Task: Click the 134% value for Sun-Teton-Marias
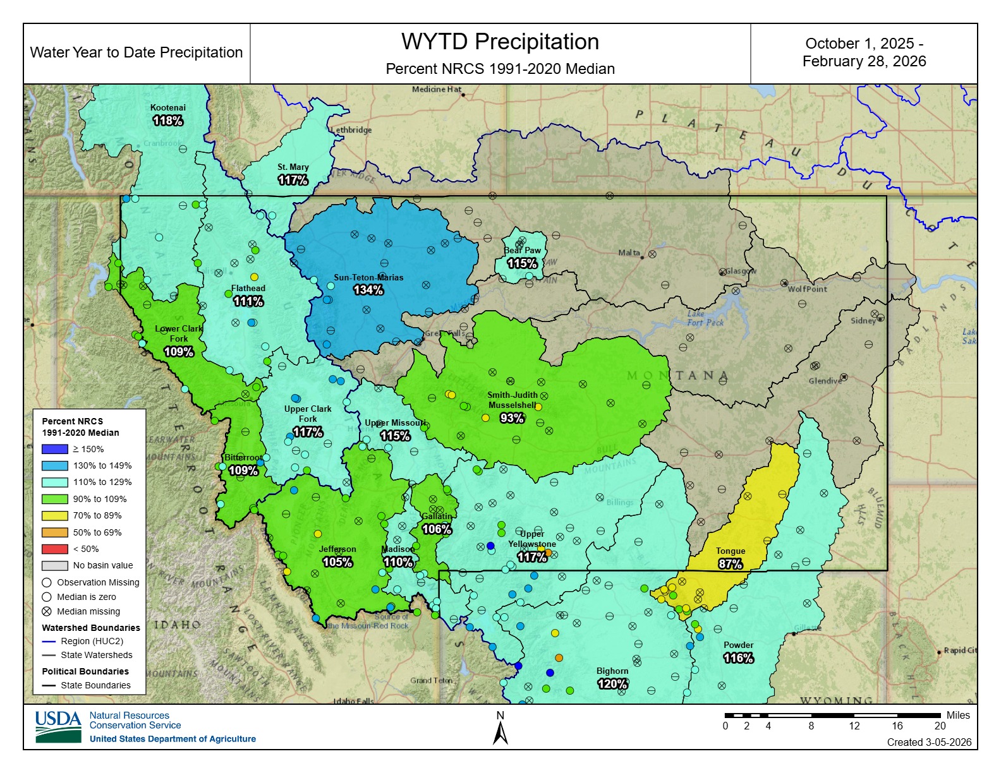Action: (368, 290)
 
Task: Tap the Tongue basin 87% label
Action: (730, 564)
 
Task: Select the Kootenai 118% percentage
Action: (167, 120)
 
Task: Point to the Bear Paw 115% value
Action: (522, 263)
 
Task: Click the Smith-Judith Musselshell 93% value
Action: (512, 418)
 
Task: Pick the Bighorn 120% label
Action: (612, 684)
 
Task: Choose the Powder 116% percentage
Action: (738, 658)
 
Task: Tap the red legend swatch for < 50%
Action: (54, 549)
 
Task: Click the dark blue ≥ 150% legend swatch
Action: (54, 449)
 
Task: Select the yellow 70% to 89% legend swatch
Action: (54, 515)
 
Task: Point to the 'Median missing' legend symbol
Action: (46, 611)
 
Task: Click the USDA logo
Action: (58, 727)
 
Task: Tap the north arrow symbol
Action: (500, 733)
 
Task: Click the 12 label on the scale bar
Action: (854, 726)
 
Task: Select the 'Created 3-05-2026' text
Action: (929, 742)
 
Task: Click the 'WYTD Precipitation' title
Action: (500, 42)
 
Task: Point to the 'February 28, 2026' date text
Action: (864, 61)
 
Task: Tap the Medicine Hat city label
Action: (436, 89)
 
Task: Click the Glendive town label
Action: (825, 381)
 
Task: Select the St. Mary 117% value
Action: (293, 180)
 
